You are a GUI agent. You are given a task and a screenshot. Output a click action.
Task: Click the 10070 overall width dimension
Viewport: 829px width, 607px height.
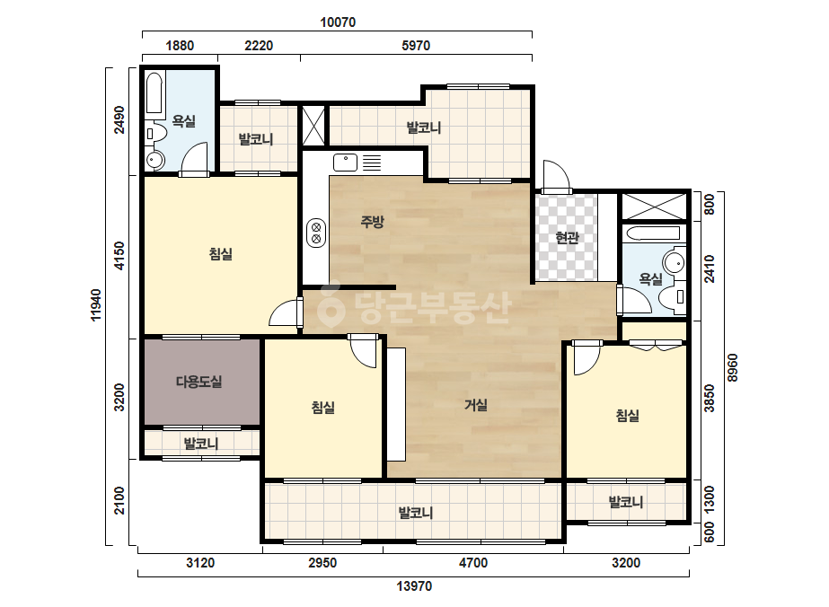tap(338, 22)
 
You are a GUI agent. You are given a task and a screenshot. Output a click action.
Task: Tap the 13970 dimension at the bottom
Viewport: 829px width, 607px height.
tap(415, 585)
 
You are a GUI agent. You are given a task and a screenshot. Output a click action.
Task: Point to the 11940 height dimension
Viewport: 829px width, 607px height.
tap(96, 304)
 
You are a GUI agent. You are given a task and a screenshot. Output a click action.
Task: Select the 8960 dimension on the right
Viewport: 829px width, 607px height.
tap(732, 367)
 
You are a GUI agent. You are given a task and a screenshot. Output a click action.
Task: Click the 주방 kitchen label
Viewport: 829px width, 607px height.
tap(372, 222)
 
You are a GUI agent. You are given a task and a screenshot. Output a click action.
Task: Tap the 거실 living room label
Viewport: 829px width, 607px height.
tap(475, 405)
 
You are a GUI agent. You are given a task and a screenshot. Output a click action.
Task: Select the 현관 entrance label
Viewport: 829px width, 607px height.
tap(568, 238)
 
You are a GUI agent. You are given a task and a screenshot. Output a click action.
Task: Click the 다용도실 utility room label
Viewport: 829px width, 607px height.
tap(198, 382)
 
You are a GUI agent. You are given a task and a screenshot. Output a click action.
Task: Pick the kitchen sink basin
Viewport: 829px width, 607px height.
tap(346, 163)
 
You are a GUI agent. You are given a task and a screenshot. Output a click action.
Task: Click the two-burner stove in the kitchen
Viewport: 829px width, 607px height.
tap(316, 233)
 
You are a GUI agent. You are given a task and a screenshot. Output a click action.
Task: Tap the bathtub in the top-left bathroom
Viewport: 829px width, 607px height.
tap(154, 93)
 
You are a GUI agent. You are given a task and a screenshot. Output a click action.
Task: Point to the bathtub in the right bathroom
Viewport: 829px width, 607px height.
tap(651, 233)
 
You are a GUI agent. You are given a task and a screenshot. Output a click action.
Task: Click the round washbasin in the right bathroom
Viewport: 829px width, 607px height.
tap(674, 262)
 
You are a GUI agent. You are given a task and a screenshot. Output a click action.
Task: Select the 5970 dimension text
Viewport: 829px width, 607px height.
tap(416, 46)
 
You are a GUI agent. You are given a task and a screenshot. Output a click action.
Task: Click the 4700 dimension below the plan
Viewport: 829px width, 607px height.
tap(473, 563)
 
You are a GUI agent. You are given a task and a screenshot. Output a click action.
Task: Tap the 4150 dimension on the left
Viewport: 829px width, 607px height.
tap(120, 255)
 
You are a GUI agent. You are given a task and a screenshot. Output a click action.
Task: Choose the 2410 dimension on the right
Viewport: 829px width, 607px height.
tap(709, 268)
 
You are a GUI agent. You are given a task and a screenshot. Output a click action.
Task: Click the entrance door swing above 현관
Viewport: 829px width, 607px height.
tap(556, 176)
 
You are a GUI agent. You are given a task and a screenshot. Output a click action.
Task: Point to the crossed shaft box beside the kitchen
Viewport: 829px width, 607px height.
tap(313, 126)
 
